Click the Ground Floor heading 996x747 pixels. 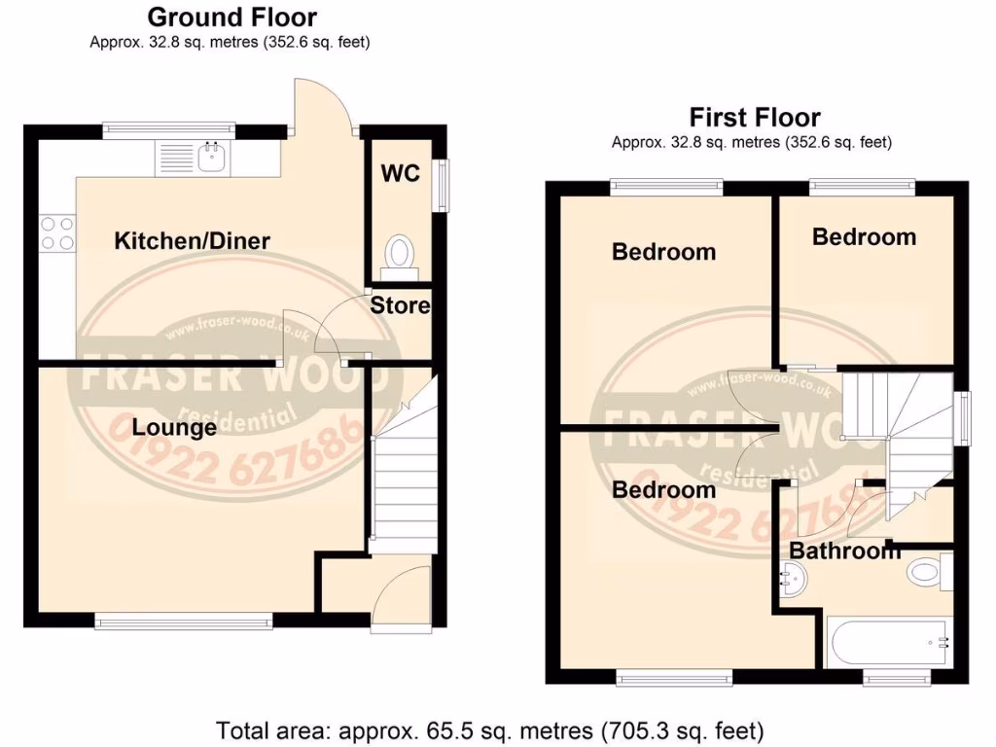pos(231,17)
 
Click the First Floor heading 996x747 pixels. pos(755,118)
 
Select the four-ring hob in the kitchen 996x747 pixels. pos(56,233)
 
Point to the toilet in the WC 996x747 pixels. pos(399,253)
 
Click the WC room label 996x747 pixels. pos(400,173)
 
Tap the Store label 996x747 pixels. pos(400,306)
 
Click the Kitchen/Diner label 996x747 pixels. pos(192,240)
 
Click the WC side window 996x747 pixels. pos(445,184)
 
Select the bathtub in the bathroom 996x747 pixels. pos(888,643)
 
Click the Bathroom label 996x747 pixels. pos(844,551)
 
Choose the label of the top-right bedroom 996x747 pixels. pos(864,236)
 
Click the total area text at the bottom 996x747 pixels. pos(490,728)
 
